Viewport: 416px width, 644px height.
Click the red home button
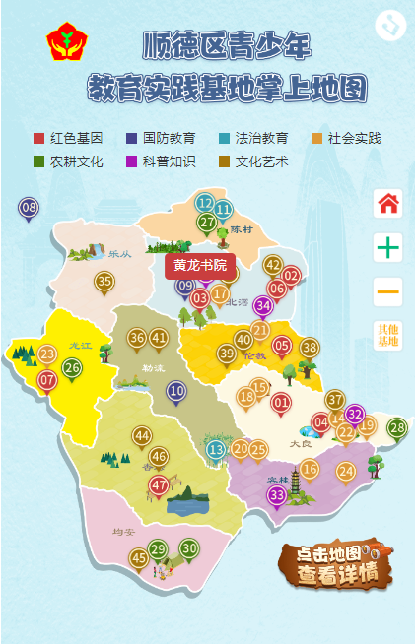coord(388,204)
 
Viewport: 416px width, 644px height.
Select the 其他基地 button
coord(388,335)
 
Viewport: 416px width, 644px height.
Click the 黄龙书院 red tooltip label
coord(200,265)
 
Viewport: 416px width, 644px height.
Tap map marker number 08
coord(29,208)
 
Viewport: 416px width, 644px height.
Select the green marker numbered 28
coord(396,427)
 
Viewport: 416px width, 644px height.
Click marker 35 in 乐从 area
coord(104,282)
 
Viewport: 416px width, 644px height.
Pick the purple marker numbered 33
coord(278,494)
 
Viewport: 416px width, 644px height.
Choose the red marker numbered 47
coord(159,484)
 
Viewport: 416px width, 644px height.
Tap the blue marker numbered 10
coord(176,391)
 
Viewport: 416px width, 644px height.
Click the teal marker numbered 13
coord(216,450)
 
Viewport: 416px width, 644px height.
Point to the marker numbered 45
coord(139,558)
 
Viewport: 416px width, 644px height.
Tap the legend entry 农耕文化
coord(68,161)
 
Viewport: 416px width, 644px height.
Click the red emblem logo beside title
coord(67,43)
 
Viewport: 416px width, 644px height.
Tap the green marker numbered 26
coord(72,367)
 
